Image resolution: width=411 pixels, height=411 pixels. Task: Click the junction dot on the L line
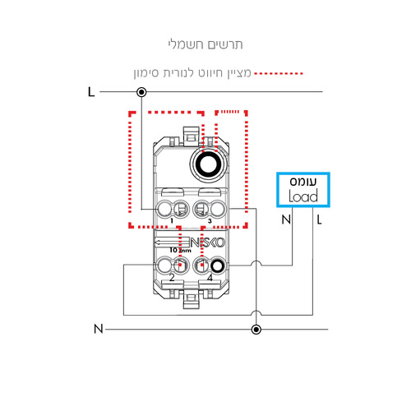[141, 92]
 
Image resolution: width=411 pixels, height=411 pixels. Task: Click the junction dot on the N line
[256, 330]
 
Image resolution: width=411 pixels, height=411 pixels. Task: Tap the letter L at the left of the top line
[91, 92]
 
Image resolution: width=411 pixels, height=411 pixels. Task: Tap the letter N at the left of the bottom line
[99, 329]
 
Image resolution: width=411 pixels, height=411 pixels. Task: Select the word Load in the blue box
[303, 196]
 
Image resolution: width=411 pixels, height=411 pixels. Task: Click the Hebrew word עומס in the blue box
[303, 182]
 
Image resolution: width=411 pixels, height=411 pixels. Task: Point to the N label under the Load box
[286, 219]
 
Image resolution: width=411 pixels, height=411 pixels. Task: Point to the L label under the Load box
[319, 219]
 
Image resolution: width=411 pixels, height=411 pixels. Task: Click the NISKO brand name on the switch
[207, 242]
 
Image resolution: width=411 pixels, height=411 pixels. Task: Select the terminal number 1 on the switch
[172, 221]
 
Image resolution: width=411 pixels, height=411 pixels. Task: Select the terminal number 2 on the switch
[172, 278]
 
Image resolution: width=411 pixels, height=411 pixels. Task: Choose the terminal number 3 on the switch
[210, 221]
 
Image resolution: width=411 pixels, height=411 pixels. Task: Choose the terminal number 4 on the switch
[210, 278]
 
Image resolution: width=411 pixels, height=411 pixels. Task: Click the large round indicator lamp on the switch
[208, 165]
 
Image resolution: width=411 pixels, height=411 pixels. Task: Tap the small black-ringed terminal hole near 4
[218, 266]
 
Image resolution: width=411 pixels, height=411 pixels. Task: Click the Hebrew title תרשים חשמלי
[205, 44]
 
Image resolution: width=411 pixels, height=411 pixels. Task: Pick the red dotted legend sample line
[278, 73]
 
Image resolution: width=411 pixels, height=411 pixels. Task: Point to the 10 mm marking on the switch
[180, 250]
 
